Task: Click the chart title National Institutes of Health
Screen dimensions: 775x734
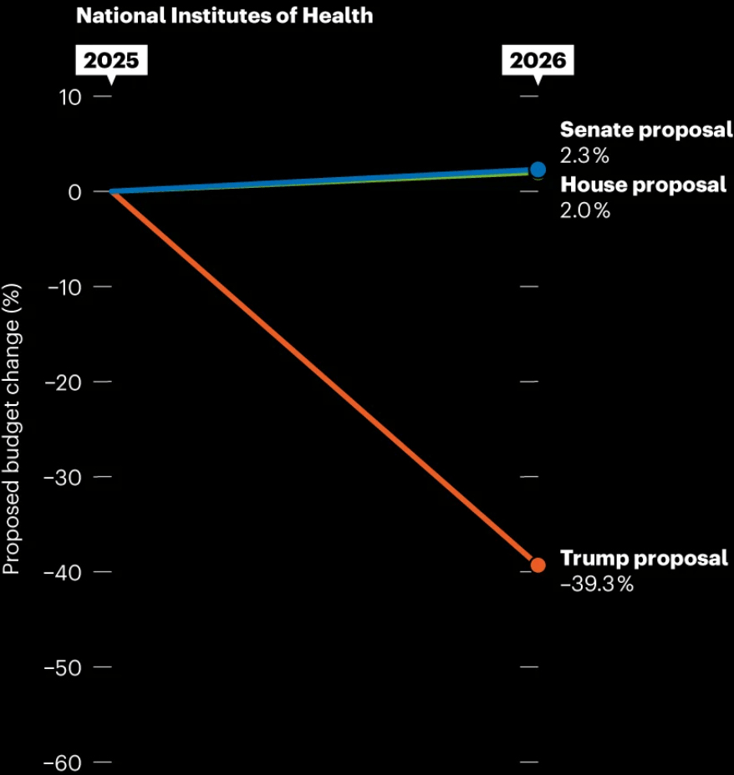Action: click(224, 15)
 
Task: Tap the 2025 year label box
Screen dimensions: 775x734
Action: click(110, 60)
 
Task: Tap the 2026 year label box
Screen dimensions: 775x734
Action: click(538, 60)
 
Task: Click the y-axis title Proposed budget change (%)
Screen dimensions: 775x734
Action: click(11, 429)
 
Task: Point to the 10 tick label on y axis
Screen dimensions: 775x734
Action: click(70, 97)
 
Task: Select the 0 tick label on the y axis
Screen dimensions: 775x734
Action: click(75, 192)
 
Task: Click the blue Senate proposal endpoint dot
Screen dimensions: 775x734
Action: click(538, 170)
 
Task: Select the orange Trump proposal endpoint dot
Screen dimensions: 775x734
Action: click(538, 565)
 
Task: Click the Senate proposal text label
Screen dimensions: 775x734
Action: click(645, 130)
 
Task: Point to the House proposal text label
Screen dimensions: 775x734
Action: click(643, 185)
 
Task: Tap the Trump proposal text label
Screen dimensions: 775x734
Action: click(644, 559)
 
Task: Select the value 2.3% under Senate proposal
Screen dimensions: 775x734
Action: click(584, 155)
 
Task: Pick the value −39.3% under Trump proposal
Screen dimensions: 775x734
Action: click(597, 585)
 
